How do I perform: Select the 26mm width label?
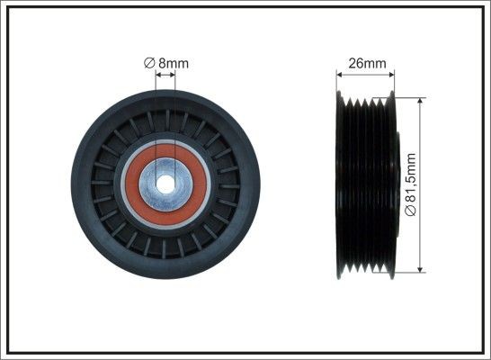(x=366, y=63)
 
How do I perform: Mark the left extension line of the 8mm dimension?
(x=156, y=117)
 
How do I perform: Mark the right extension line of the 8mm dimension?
(x=174, y=117)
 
